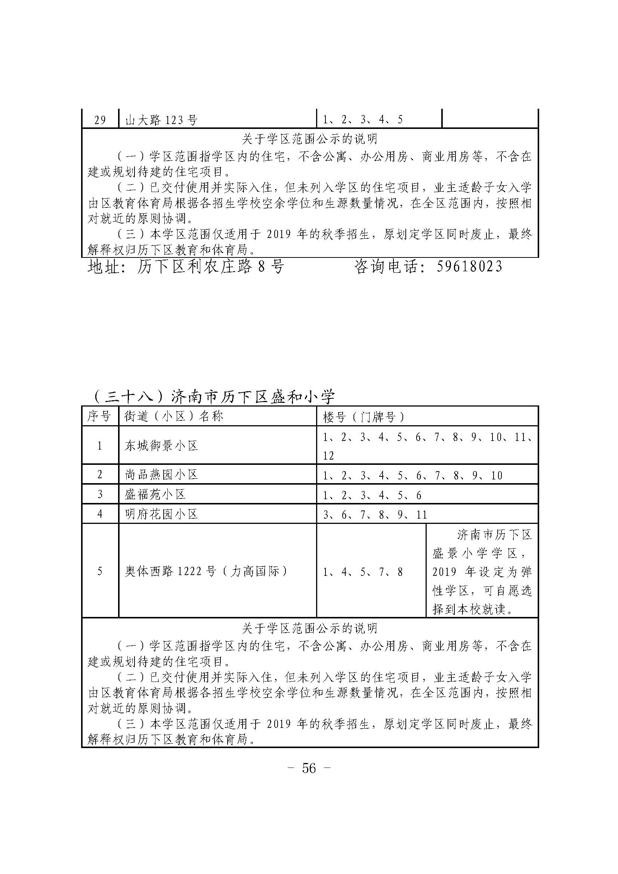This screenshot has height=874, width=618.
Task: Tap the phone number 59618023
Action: (469, 266)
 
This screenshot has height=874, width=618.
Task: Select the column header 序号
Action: (99, 416)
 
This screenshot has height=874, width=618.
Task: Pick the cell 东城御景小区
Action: (162, 446)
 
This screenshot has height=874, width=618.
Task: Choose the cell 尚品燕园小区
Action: (162, 475)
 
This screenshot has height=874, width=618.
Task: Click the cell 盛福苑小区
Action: (155, 494)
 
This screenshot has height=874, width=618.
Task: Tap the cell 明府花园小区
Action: (162, 514)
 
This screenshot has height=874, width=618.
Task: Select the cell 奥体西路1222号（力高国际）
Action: (207, 571)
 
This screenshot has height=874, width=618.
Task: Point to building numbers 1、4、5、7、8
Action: (363, 572)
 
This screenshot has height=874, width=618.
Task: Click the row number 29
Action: (100, 120)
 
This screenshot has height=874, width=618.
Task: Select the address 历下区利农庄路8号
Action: (210, 266)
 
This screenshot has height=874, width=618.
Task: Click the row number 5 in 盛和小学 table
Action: (100, 571)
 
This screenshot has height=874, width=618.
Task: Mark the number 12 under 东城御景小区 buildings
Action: (328, 455)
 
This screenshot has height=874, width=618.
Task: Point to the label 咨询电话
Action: (388, 266)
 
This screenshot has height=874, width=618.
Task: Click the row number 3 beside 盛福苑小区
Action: (100, 494)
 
